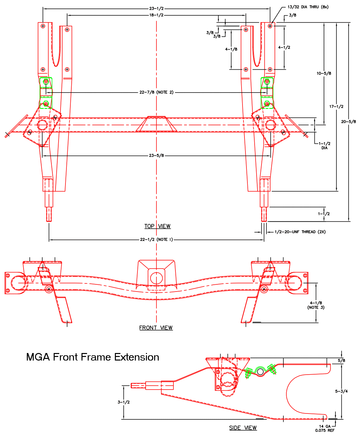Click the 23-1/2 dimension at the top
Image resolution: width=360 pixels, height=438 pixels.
tap(156, 8)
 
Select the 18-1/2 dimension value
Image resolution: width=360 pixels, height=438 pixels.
tap(156, 15)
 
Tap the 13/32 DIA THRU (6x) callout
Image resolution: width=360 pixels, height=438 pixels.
tap(308, 7)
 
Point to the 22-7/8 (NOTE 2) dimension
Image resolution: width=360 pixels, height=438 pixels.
tap(156, 92)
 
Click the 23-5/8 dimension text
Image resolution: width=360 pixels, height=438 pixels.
tap(156, 156)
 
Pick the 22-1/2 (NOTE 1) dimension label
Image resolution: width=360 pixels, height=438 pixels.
tap(156, 240)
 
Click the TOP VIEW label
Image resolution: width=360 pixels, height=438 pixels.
tap(157, 226)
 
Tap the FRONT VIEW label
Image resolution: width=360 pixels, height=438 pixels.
tap(156, 328)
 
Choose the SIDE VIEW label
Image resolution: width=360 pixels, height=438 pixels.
tap(243, 428)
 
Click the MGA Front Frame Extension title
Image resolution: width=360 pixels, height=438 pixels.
tap(93, 357)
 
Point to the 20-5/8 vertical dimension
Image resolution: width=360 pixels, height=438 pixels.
tap(349, 122)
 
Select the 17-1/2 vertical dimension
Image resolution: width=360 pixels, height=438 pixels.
tap(336, 107)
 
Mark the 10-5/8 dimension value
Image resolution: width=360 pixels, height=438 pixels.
tap(324, 74)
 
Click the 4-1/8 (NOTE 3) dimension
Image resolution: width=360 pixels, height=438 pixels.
tap(316, 305)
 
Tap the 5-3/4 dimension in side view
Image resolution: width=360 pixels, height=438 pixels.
tap(341, 391)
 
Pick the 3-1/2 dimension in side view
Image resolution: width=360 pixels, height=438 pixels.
tap(124, 402)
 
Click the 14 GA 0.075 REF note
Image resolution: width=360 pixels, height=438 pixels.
tap(325, 428)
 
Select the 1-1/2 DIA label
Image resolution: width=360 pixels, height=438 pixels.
tap(324, 145)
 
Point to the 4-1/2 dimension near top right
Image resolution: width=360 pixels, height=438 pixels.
tap(284, 47)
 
